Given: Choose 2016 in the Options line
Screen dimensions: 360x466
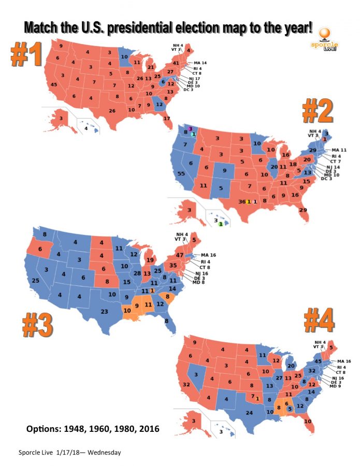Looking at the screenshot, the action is click(x=149, y=429).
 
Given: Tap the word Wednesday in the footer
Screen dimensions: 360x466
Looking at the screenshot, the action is click(x=104, y=453).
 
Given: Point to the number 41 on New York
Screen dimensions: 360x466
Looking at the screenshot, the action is click(x=176, y=63).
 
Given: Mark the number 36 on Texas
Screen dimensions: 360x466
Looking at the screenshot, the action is click(x=241, y=201).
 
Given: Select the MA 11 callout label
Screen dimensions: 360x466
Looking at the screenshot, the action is click(x=339, y=150).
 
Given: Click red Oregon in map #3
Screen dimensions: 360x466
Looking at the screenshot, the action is click(x=39, y=249).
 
